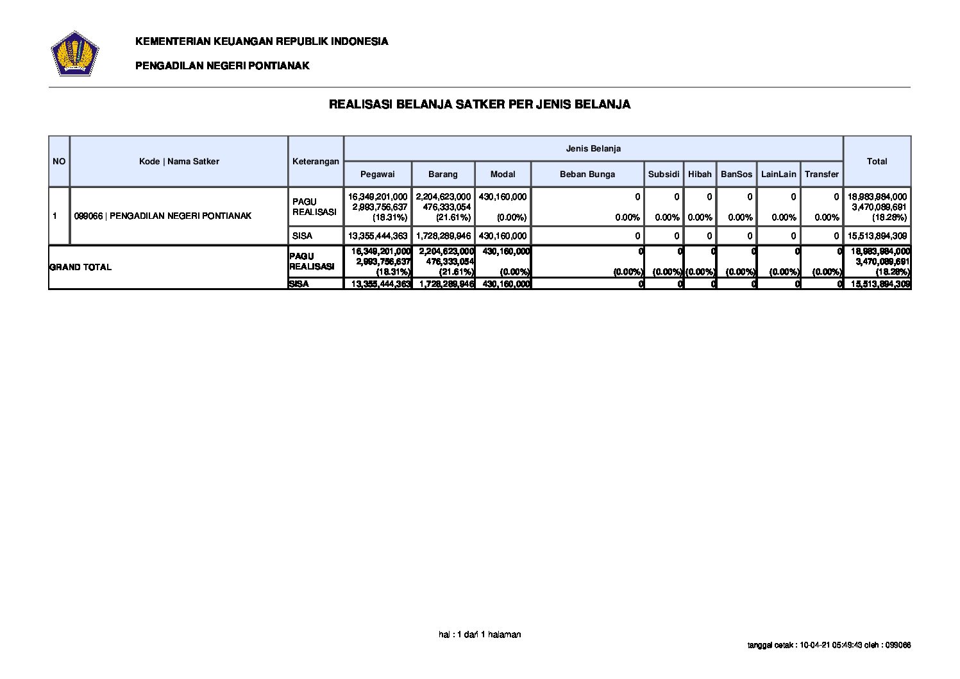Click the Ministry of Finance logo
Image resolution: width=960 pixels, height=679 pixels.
pos(74,53)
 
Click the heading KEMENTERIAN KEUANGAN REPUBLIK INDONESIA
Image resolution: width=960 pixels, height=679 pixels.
pos(262,42)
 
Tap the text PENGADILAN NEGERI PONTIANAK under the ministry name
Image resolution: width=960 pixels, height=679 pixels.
pos(222,65)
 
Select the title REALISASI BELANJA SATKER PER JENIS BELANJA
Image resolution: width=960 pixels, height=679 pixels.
pos(480,104)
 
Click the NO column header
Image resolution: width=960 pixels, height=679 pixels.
pos(59,161)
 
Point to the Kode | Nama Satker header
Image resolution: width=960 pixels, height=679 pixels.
pos(179,161)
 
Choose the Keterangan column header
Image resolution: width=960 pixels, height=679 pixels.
pos(316,161)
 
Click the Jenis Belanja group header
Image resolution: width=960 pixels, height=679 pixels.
pos(593,148)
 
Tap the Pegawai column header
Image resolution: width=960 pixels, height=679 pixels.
pos(377,174)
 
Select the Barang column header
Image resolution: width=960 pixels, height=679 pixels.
pos(443,174)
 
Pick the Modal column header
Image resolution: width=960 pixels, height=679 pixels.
pos(503,174)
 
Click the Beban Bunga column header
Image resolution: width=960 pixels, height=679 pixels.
pos(587,174)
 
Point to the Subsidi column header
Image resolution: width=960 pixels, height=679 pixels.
pos(664,174)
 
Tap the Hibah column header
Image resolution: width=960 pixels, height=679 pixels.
pos(700,174)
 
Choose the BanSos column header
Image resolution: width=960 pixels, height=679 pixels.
pos(736,174)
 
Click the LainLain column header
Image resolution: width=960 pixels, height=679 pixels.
pos(779,174)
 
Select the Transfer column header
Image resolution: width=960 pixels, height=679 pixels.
pos(821,174)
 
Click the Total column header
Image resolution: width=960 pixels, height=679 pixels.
pos(877,161)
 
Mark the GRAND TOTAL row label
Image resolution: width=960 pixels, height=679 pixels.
pos(81,267)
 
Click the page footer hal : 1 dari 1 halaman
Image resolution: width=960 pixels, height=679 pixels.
pos(480,635)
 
